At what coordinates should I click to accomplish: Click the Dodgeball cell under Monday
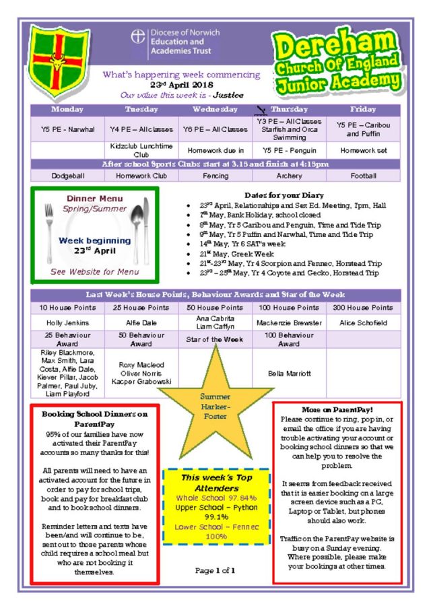tap(68, 175)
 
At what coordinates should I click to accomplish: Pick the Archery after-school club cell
tap(290, 175)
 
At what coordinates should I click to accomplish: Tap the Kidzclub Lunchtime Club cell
tap(141, 150)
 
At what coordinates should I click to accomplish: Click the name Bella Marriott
tap(290, 373)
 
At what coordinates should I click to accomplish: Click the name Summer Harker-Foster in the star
tap(215, 407)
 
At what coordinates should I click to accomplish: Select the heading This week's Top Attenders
tap(216, 482)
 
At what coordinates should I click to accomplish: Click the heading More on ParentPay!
tap(337, 409)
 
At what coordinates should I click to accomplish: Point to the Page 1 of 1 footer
tap(215, 571)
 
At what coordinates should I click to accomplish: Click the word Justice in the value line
tap(228, 96)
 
